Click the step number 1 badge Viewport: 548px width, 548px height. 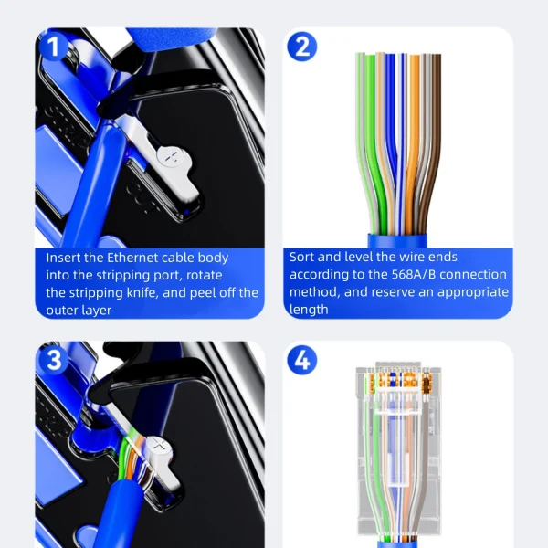(53, 47)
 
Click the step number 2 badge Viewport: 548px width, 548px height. (302, 47)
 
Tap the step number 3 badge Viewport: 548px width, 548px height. (54, 360)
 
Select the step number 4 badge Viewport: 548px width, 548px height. (302, 361)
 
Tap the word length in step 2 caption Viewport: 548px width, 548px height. (309, 310)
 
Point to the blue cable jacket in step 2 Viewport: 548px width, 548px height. (397, 240)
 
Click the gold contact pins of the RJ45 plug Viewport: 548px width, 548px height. (397, 380)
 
